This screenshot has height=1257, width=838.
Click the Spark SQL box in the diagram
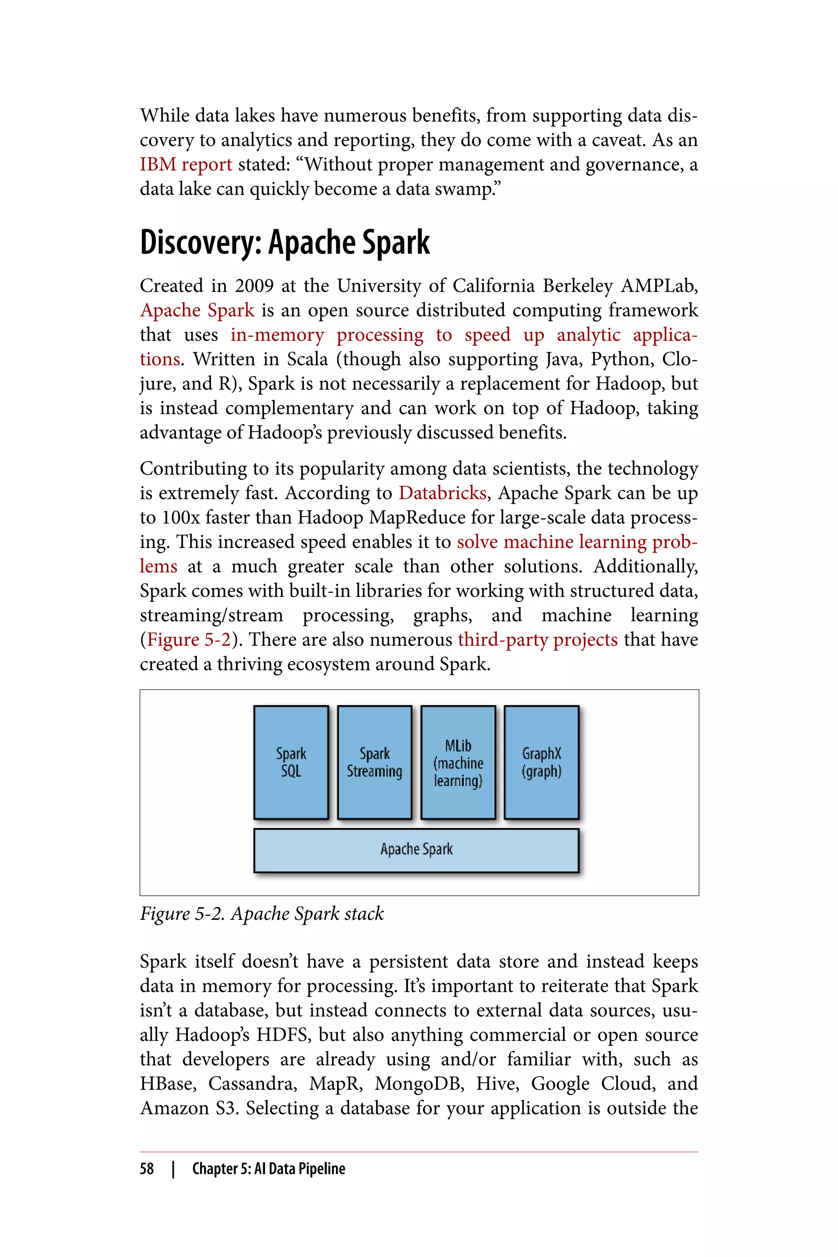pos(291,762)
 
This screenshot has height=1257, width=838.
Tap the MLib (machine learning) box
pos(458,762)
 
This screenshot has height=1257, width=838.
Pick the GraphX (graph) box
pos(541,762)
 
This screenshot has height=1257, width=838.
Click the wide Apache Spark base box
pos(416,850)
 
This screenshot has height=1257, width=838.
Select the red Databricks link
pos(442,493)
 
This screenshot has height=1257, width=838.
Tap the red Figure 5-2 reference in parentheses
pos(189,640)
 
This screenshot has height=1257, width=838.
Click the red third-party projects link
pos(538,640)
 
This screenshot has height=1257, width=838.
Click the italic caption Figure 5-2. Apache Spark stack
pos(262,913)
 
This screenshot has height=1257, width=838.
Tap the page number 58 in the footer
pos(146,1169)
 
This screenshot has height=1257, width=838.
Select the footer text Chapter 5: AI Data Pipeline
pos(268,1169)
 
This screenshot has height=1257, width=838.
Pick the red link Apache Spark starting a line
pos(197,311)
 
